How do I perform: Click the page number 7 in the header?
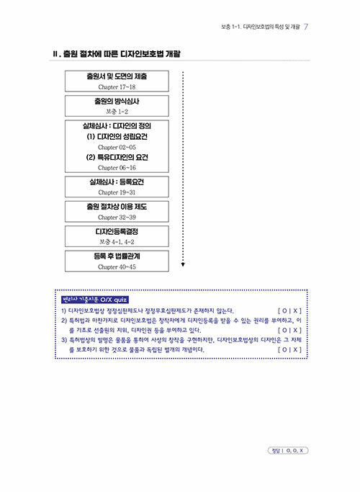(x=306, y=27)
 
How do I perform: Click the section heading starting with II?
(x=117, y=54)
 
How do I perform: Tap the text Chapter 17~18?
(x=117, y=87)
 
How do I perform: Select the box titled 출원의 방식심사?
(x=117, y=106)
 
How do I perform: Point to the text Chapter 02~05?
(x=117, y=147)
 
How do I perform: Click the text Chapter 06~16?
(x=117, y=168)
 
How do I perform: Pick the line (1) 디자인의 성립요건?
(x=117, y=137)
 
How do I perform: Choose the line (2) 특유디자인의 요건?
(x=117, y=158)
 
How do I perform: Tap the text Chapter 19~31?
(x=117, y=192)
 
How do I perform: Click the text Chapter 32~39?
(x=117, y=217)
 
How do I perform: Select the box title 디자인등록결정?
(x=117, y=231)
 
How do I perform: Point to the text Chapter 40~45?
(x=117, y=267)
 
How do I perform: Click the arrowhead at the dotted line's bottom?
(x=183, y=265)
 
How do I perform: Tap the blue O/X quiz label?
(x=95, y=300)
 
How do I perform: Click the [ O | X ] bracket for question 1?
(x=289, y=311)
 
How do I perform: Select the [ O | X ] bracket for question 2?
(x=289, y=330)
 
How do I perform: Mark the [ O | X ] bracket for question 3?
(x=289, y=349)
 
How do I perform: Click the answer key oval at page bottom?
(x=288, y=451)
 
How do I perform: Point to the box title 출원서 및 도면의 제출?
(x=117, y=76)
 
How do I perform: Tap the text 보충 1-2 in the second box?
(x=117, y=112)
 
